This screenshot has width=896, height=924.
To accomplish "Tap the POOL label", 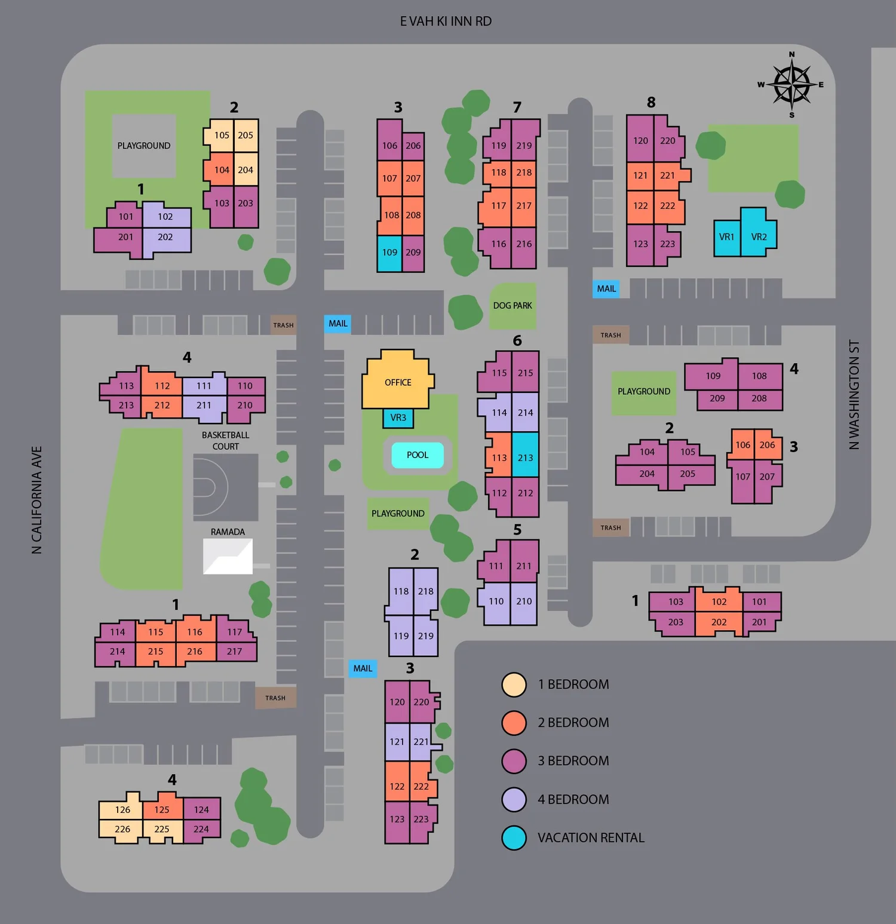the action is pos(418,455).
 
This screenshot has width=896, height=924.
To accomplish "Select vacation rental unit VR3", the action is pos(398,418).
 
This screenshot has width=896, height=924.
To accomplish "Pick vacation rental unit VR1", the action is pos(726,237).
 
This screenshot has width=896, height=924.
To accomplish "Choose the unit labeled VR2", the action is pos(758,236).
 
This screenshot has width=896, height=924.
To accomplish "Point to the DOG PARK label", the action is pos(513,306).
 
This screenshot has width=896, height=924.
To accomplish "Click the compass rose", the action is pos(791,85).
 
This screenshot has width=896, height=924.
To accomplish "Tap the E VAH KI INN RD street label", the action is pos(446,22).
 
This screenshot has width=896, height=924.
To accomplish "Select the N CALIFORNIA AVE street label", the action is pos(37,500).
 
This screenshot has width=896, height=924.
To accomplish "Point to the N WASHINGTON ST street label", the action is pos(854,395).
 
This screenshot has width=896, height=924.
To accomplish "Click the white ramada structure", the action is pos(228,557).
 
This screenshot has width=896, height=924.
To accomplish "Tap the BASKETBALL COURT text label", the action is pos(225,441).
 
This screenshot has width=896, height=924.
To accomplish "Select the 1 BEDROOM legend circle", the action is pos(514,684).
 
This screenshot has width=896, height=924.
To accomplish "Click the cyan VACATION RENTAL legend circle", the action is pos(514,838).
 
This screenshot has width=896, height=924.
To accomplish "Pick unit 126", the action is pos(122,810).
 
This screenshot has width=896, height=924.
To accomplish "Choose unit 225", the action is pos(161,829).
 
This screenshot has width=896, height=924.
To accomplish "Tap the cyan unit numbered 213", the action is pos(525,458).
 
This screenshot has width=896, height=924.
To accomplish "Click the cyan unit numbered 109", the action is pos(389,253).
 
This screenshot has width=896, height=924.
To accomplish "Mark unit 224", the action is pos(201,829).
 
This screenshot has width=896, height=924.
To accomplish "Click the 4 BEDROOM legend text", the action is pos(573,800).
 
